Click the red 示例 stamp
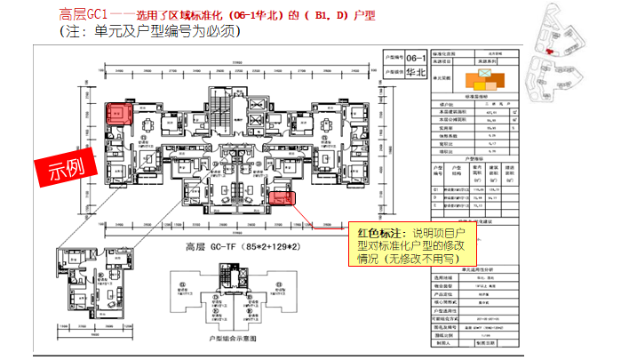[60, 165]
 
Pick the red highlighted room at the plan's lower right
[282, 199]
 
